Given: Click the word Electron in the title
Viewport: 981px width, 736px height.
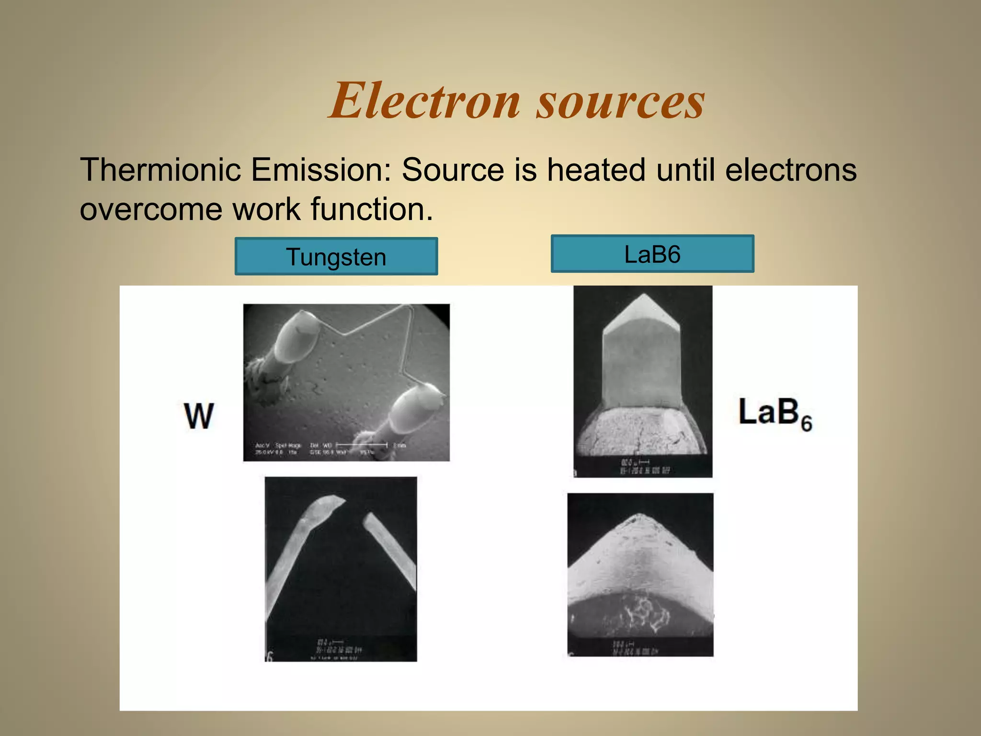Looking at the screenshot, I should click(424, 101).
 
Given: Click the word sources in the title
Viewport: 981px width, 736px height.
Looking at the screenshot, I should click(620, 102).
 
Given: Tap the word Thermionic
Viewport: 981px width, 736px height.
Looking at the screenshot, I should click(160, 170).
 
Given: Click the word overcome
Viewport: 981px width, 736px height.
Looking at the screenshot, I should click(151, 209).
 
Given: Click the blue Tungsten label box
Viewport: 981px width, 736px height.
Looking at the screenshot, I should click(336, 256).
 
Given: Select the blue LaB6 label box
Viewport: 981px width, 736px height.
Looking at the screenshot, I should click(652, 254).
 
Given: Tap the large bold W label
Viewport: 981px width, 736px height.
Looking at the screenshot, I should click(199, 416).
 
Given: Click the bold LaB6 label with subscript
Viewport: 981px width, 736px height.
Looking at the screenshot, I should click(775, 414).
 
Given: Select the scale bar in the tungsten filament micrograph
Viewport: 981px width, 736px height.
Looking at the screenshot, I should click(362, 445).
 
